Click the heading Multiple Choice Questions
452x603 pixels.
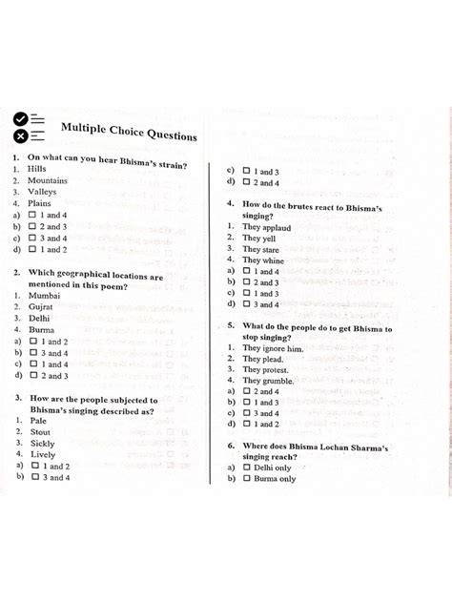(129, 131)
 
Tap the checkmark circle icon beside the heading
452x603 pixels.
(18, 119)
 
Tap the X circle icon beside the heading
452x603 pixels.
(18, 136)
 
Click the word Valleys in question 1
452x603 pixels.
(43, 191)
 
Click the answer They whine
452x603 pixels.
(263, 260)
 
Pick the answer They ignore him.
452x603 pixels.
(273, 348)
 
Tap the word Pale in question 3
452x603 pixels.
(38, 421)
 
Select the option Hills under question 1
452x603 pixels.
(37, 168)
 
